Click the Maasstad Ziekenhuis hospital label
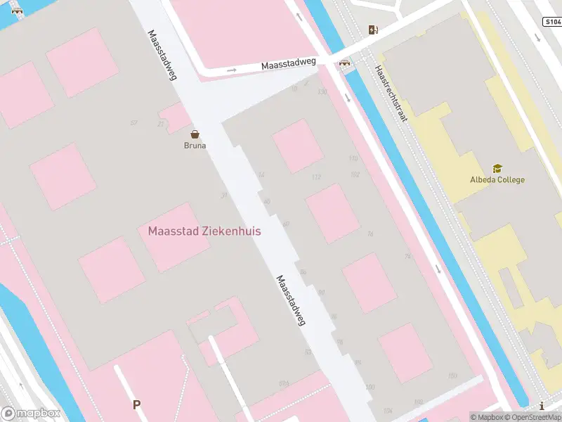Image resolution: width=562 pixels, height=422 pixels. pyautogui.click(x=204, y=231)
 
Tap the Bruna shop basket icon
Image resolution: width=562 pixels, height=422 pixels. pyautogui.click(x=195, y=134)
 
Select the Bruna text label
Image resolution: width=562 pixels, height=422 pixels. pyautogui.click(x=195, y=146)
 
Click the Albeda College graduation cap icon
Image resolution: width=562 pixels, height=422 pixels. pyautogui.click(x=497, y=169)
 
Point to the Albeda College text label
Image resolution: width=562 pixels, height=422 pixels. pyautogui.click(x=497, y=179)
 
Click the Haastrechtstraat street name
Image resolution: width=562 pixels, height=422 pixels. pyautogui.click(x=391, y=94)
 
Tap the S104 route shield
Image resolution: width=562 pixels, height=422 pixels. pyautogui.click(x=552, y=22)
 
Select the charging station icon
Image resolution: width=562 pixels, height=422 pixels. pyautogui.click(x=373, y=30)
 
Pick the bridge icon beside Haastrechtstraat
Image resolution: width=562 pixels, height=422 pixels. pyautogui.click(x=345, y=63)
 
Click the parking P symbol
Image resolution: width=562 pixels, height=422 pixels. pyautogui.click(x=137, y=404)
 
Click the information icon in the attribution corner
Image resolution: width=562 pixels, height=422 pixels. pyautogui.click(x=542, y=406)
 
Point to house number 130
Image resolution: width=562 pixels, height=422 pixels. pyautogui.click(x=322, y=92)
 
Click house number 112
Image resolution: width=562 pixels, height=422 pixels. pyautogui.click(x=316, y=177)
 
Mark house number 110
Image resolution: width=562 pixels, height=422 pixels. pyautogui.click(x=353, y=158)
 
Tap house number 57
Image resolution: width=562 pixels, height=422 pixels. pyautogui.click(x=133, y=123)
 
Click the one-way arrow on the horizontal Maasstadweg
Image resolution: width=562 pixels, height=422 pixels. pyautogui.click(x=232, y=70)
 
